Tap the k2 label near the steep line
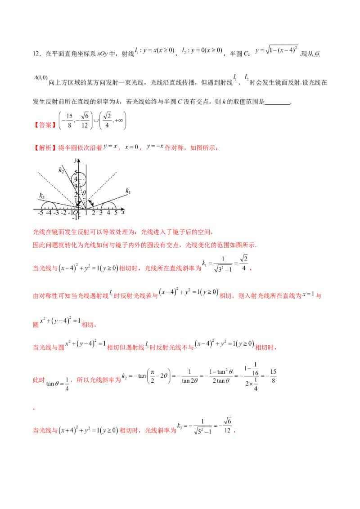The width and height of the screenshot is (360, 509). [x=61, y=170]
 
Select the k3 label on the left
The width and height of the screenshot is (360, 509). [x=42, y=196]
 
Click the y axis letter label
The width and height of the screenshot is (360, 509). [x=77, y=160]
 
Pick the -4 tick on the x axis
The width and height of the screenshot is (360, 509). [x=48, y=213]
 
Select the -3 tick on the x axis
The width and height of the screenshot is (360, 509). [x=56, y=213]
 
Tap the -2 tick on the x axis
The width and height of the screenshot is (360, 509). [x=64, y=213]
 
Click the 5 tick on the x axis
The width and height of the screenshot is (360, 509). [x=116, y=213]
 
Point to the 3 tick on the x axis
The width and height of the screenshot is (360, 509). [x=101, y=213]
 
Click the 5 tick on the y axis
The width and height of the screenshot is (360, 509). [x=76, y=173]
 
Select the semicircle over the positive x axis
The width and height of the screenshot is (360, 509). [x=108, y=205]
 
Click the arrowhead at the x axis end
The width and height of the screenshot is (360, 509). [x=124, y=209]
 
